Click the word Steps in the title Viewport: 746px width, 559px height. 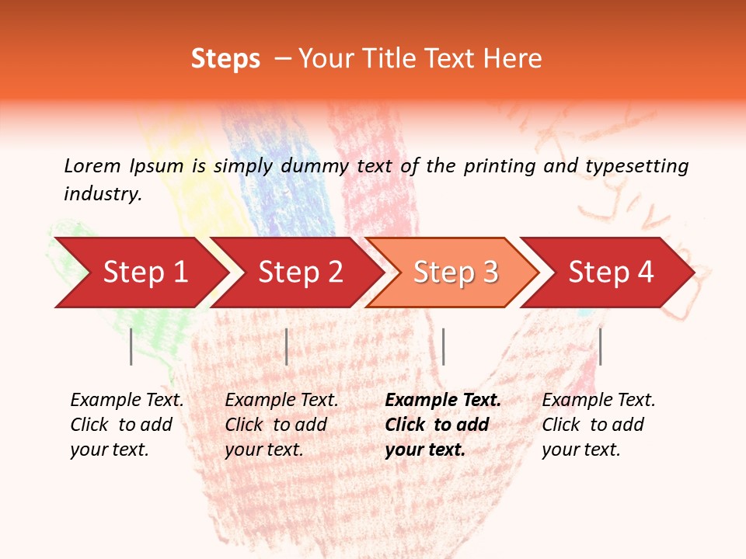point(225,59)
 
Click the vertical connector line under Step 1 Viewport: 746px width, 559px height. point(131,346)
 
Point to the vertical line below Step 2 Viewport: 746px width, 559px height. point(287,346)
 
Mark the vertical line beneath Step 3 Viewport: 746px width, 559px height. point(443,346)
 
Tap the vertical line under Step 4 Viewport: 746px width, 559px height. point(600,346)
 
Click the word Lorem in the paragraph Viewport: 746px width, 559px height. point(92,166)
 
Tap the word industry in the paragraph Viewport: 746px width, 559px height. point(103,194)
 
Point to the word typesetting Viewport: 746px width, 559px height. point(636,166)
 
